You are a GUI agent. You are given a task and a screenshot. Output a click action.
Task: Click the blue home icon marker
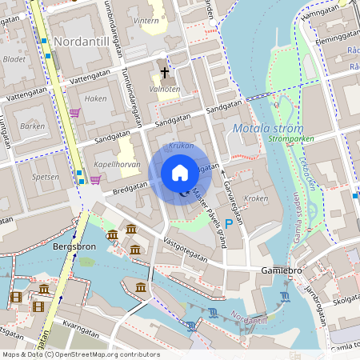click(x=180, y=172)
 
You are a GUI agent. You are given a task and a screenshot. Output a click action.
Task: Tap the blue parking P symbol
click(x=229, y=225)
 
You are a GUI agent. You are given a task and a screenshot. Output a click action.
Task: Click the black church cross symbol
click(x=165, y=73)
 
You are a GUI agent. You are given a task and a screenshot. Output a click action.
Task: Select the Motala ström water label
click(x=267, y=128)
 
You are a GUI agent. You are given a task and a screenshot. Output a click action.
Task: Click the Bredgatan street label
click(x=130, y=186)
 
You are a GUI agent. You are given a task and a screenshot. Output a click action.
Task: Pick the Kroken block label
click(x=256, y=198)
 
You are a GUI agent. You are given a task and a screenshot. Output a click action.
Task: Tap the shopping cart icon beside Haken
click(x=75, y=113)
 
